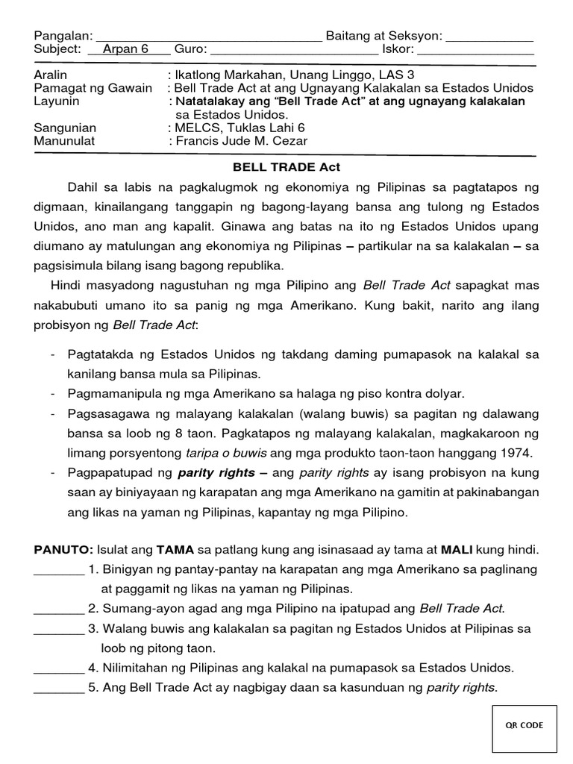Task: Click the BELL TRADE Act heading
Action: (x=286, y=167)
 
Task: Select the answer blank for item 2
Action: (x=59, y=610)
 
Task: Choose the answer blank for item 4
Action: (x=59, y=668)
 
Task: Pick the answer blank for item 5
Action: (x=59, y=689)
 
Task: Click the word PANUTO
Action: (x=63, y=550)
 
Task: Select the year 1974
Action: (x=514, y=453)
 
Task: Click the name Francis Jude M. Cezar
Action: (x=241, y=141)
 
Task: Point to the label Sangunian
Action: (x=65, y=128)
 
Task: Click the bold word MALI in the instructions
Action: (x=457, y=550)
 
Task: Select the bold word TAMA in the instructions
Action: (x=174, y=550)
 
